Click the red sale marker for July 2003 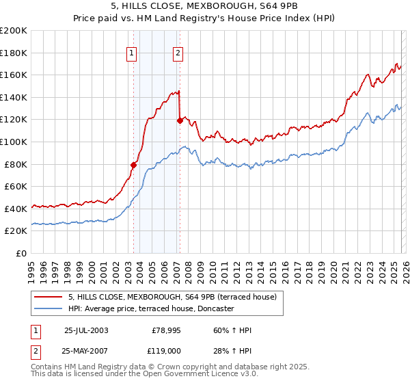[x=134, y=165]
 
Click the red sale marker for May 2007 [x=180, y=120]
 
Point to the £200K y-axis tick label [x=14, y=31]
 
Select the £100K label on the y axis [x=14, y=142]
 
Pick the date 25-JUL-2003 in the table [x=86, y=330]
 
